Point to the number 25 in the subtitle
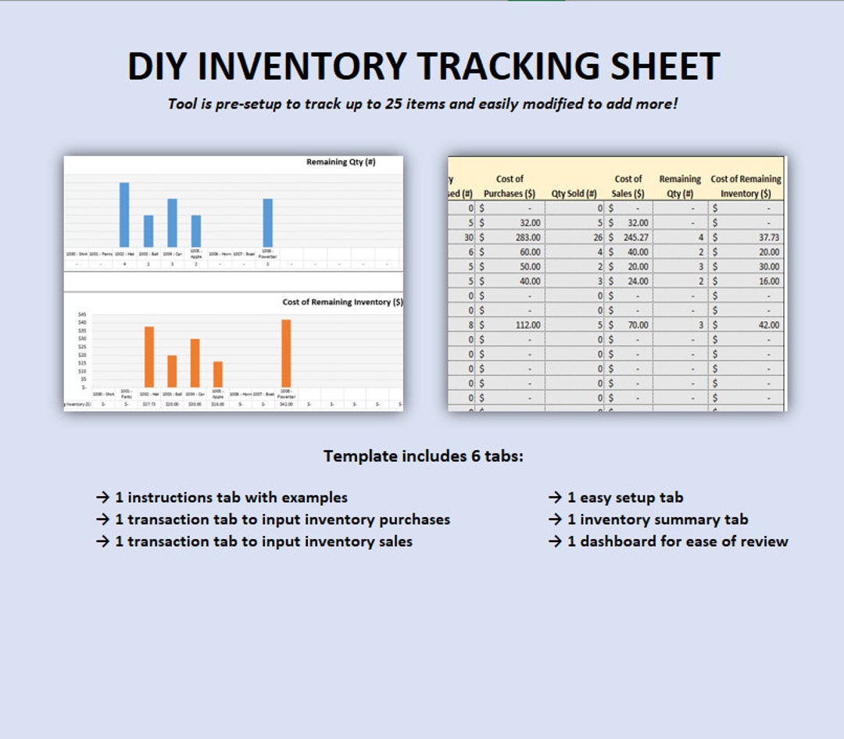(x=395, y=104)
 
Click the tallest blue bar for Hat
(x=124, y=214)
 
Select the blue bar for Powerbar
(x=267, y=222)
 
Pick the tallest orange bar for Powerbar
(x=286, y=353)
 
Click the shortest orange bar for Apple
(x=218, y=374)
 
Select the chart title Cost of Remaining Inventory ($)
(x=342, y=302)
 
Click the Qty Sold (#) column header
(x=574, y=194)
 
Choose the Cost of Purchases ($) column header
(x=509, y=186)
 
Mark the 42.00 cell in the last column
(x=767, y=325)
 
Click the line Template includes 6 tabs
(x=423, y=456)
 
